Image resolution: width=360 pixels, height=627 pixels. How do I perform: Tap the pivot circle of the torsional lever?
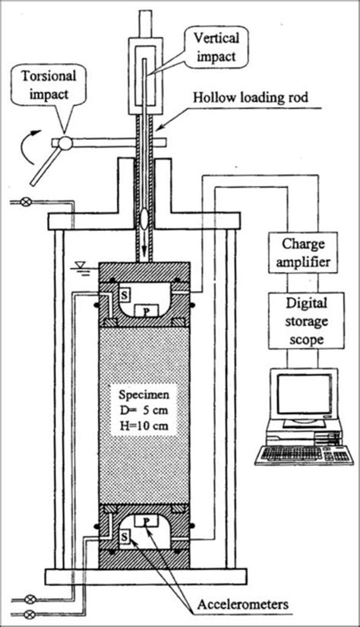(65, 142)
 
